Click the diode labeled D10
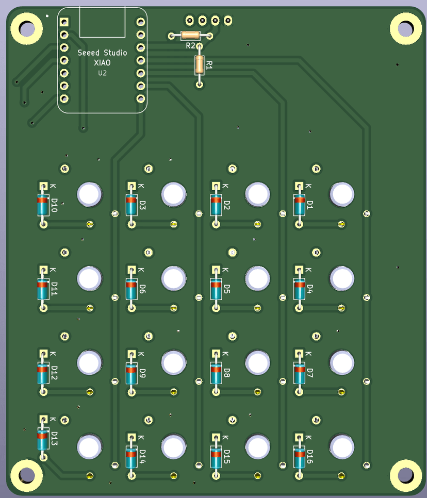43,205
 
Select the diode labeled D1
299,205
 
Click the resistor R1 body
200,64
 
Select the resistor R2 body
190,36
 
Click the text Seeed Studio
102,53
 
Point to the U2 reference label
102,73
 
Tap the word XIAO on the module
102,62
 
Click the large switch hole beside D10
89,194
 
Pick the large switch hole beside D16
341,446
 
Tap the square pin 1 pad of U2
64,22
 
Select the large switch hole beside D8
257,362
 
